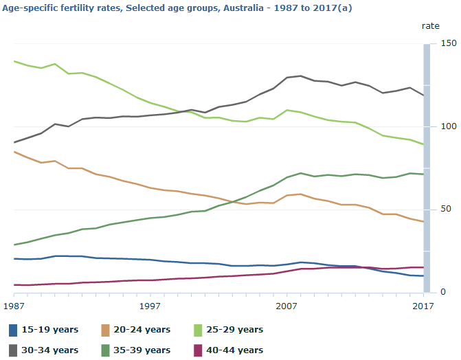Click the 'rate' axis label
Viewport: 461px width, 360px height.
point(430,25)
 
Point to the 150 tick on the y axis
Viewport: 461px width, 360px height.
point(448,43)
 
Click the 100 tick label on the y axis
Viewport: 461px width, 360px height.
point(448,127)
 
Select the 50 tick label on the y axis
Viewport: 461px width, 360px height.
point(448,209)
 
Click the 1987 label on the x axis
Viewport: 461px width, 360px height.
point(14,304)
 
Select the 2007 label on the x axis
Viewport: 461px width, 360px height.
point(286,304)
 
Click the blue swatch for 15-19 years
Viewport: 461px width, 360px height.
point(14,330)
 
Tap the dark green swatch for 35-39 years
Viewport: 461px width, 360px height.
point(107,350)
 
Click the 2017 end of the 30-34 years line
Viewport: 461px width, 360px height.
point(423,95)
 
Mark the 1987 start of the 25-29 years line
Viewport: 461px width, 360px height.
point(14,61)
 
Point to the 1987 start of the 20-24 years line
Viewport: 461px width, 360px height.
point(14,152)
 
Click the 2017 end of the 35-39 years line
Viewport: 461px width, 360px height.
point(423,175)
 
